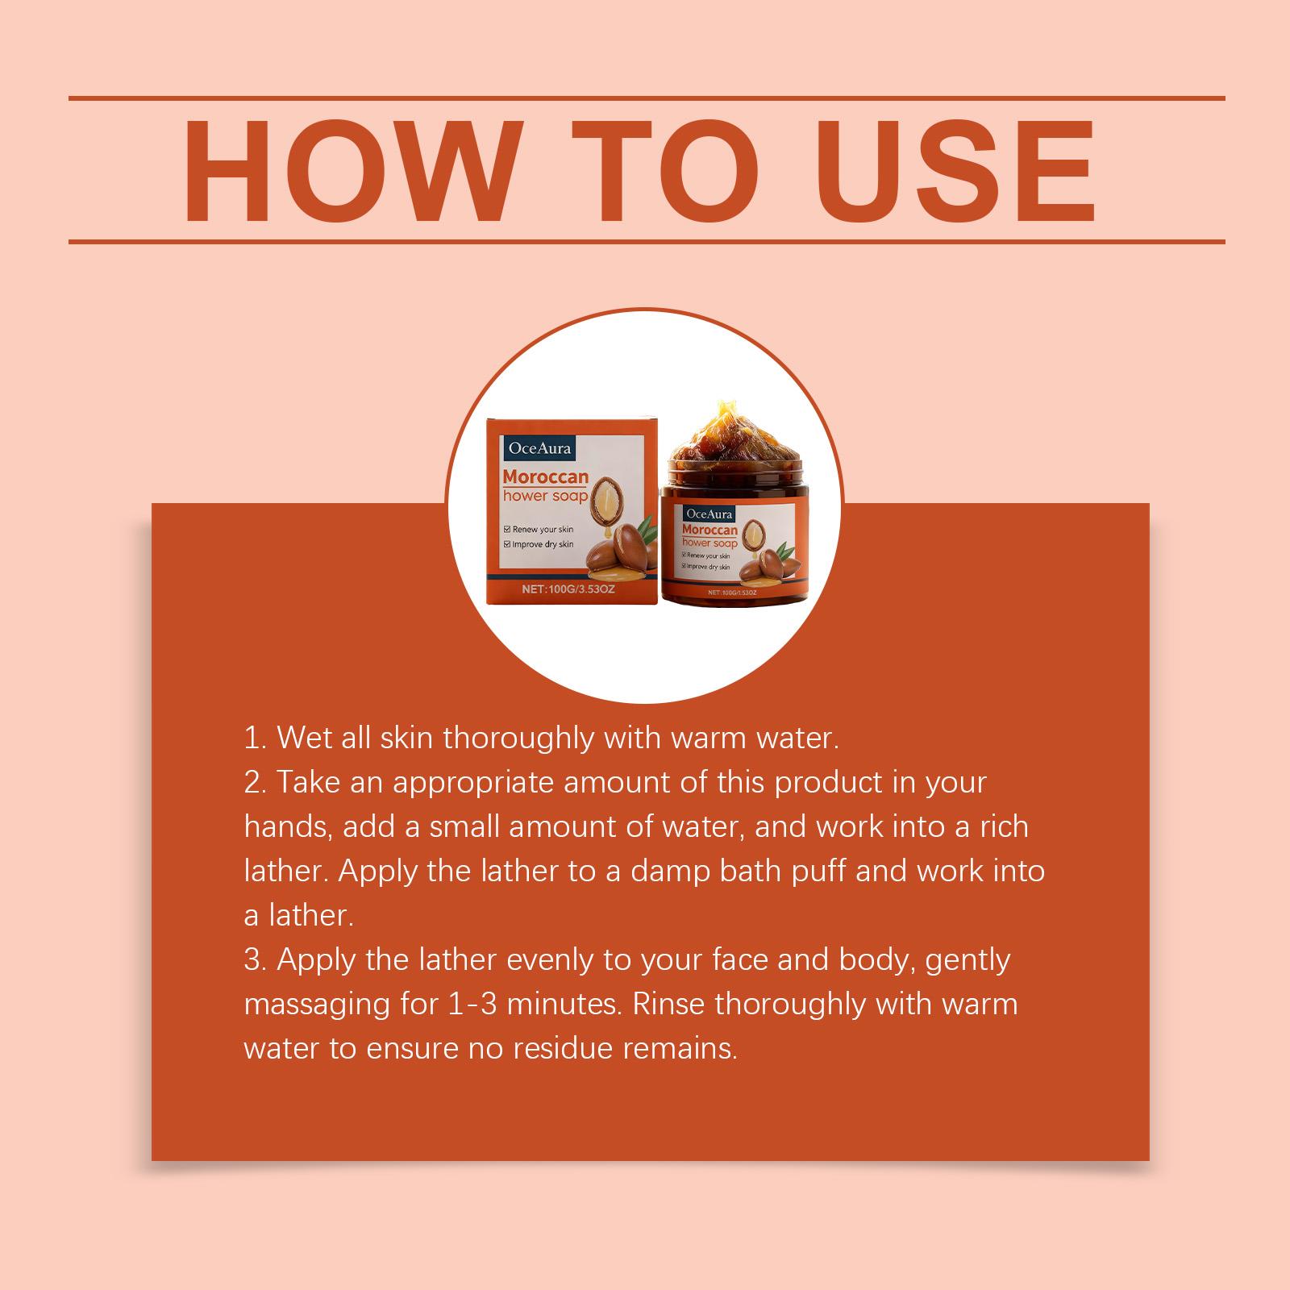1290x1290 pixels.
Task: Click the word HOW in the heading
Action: point(348,171)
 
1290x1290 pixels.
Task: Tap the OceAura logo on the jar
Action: point(709,513)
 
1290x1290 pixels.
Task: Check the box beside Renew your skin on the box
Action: point(506,530)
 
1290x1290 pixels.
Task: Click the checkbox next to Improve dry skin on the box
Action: point(506,544)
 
